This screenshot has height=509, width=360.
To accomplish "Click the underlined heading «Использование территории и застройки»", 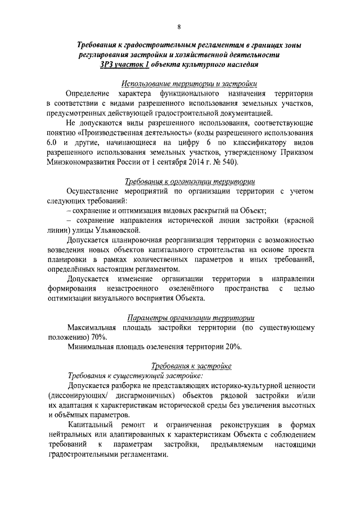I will point(188,83).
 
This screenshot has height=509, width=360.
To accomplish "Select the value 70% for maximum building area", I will point(98,336).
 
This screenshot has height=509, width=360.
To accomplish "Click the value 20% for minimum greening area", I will point(232,346).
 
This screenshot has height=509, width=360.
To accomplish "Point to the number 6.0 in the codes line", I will point(52,142).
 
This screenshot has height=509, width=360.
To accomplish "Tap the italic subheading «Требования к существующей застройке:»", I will point(135,375).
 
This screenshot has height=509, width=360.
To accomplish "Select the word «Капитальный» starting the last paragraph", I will point(89,425).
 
